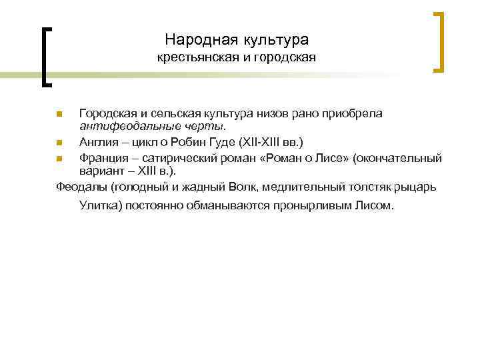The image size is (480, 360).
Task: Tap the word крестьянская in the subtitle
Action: (x=193, y=58)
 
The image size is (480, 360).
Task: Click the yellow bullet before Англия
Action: (x=59, y=142)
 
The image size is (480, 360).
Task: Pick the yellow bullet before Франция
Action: (x=59, y=159)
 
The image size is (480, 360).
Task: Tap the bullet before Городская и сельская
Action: (x=59, y=113)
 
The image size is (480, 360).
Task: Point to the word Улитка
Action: (x=99, y=205)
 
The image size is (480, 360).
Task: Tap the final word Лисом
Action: (x=373, y=205)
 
